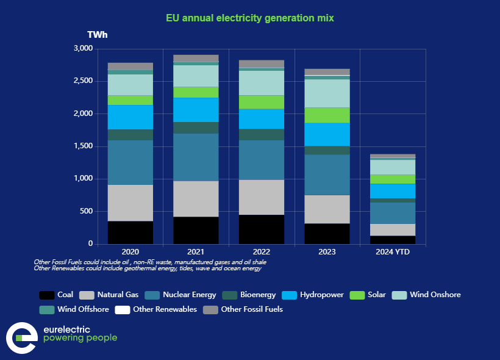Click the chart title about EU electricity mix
click(250, 18)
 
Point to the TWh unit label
click(98, 35)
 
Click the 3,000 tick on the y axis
click(82, 48)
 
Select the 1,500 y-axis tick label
click(82, 146)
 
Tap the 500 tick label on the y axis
click(86, 212)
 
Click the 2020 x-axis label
click(130, 251)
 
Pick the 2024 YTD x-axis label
click(393, 251)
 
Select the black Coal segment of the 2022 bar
click(261, 229)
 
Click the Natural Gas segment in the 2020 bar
click(130, 203)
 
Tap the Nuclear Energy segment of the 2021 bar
click(196, 157)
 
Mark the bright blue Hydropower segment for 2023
click(327, 134)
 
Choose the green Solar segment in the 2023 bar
click(327, 115)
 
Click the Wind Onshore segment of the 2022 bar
click(261, 83)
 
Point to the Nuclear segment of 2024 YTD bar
click(393, 213)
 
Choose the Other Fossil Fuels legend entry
click(244, 309)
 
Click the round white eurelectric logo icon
click(21, 338)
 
